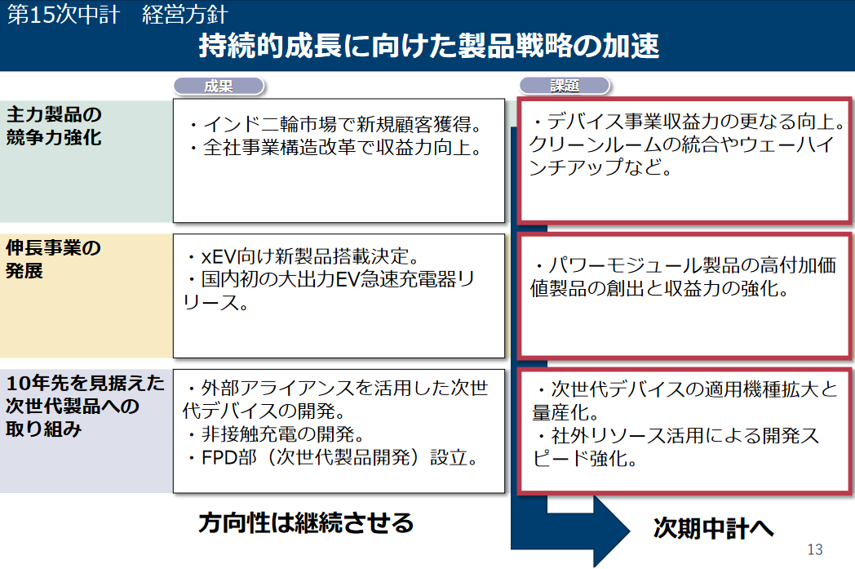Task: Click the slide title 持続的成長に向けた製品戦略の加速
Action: (428, 45)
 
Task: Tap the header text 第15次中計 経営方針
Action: (117, 14)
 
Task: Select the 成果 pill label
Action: (219, 87)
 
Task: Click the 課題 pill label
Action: (565, 86)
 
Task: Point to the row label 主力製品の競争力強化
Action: (54, 126)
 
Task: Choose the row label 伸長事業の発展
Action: (54, 259)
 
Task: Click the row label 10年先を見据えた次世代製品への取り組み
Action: (85, 406)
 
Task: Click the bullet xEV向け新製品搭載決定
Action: (302, 256)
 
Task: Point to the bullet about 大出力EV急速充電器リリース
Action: (329, 291)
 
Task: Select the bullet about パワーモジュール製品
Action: (683, 277)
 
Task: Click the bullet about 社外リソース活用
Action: (676, 447)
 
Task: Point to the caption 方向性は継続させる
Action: (306, 522)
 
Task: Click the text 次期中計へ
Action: (714, 528)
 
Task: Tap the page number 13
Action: (815, 549)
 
